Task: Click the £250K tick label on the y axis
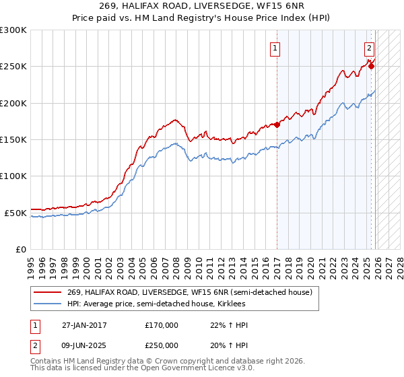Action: click(x=13, y=67)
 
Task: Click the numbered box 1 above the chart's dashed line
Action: click(x=276, y=48)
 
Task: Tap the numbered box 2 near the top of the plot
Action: click(x=370, y=48)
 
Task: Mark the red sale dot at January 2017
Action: click(x=277, y=125)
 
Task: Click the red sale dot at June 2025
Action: click(x=371, y=65)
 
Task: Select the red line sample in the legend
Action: click(x=48, y=293)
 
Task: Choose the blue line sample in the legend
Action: click(x=48, y=304)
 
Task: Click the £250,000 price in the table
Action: click(x=162, y=345)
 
